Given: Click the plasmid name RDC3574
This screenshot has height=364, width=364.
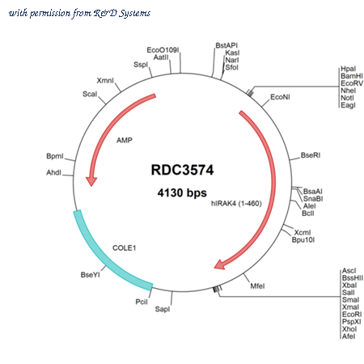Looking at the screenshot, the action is (x=182, y=170).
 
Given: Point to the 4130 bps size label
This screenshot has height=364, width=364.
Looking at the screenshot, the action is (x=182, y=193).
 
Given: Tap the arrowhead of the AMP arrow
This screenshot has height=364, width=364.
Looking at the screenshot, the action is (x=91, y=181).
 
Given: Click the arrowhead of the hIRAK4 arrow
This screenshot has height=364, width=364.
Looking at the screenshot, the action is (x=220, y=265).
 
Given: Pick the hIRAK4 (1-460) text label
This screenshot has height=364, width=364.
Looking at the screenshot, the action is (x=236, y=203).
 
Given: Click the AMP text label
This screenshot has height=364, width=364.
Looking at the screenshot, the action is (x=125, y=140).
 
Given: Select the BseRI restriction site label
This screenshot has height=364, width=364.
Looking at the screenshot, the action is (x=311, y=155).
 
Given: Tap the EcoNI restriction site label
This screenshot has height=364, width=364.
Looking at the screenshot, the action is (x=280, y=97).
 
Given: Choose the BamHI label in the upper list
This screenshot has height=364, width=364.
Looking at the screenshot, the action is (x=352, y=76).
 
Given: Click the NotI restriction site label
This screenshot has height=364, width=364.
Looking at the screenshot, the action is (x=347, y=98).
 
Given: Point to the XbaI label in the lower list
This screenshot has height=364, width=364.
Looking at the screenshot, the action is (x=349, y=286).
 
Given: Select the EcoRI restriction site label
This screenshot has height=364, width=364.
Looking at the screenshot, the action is (x=352, y=315).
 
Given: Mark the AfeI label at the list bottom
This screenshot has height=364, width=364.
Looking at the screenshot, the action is (x=349, y=336).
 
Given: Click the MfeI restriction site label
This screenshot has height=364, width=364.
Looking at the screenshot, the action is (x=257, y=286).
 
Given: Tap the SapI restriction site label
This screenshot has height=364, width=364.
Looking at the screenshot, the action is (x=163, y=309).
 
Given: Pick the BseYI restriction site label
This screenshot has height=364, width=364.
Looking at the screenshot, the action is (x=90, y=275).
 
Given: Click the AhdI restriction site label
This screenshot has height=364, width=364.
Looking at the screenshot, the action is (x=53, y=172).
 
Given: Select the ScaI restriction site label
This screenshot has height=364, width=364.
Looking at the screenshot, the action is (x=90, y=94).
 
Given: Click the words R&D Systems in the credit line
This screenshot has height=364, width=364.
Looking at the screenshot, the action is (x=121, y=13).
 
